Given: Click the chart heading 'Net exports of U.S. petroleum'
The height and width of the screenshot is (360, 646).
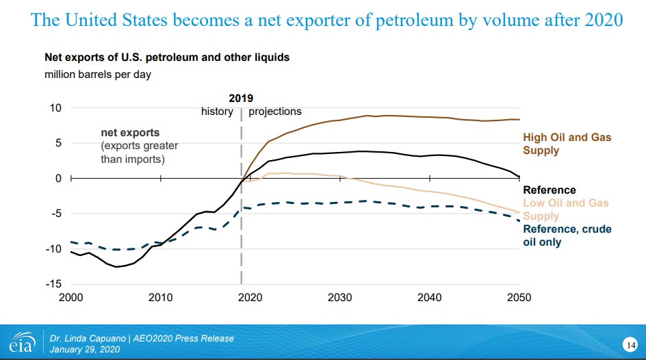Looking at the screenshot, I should pyautogui.click(x=167, y=57).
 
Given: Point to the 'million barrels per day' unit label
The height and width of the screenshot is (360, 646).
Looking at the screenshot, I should pyautogui.click(x=98, y=74).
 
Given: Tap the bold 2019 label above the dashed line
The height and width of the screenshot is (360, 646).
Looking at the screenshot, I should pyautogui.click(x=241, y=99).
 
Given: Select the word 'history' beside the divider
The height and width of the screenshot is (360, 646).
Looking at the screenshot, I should pyautogui.click(x=217, y=111).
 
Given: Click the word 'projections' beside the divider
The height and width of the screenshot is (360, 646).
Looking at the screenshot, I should pyautogui.click(x=274, y=111).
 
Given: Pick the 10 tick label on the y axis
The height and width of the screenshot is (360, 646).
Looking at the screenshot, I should pyautogui.click(x=55, y=108).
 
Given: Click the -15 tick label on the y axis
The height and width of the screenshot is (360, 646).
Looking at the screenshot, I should pyautogui.click(x=53, y=283).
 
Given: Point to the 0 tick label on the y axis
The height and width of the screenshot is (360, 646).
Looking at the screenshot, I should pyautogui.click(x=58, y=179).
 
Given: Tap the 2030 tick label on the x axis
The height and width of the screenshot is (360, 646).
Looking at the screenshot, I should pyautogui.click(x=339, y=297).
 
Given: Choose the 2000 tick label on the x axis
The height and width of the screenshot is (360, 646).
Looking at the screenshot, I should pyautogui.click(x=71, y=297).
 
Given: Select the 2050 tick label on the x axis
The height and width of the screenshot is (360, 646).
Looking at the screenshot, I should pyautogui.click(x=519, y=297).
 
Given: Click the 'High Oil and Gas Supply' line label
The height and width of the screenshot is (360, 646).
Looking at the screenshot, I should pyautogui.click(x=567, y=144).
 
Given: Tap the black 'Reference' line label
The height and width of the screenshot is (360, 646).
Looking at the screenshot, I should pyautogui.click(x=550, y=190).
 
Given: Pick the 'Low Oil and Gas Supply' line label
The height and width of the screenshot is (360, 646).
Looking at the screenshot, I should pyautogui.click(x=565, y=209).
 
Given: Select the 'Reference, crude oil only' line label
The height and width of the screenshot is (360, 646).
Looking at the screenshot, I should pyautogui.click(x=567, y=235).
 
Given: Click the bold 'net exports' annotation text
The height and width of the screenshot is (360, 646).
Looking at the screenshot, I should pyautogui.click(x=131, y=133).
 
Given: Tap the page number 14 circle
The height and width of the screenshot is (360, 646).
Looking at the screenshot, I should pyautogui.click(x=630, y=343).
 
